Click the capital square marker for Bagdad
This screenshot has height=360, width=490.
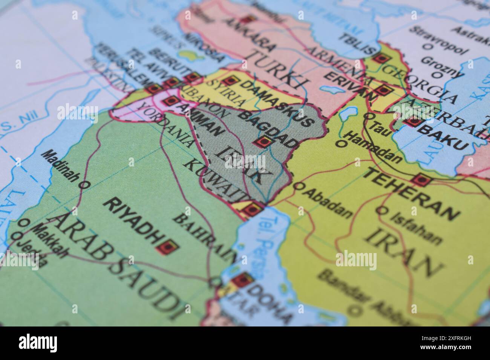(263, 142)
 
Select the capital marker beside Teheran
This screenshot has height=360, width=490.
(421, 180)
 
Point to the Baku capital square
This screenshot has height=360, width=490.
(412, 121)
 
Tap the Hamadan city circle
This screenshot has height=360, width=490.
(342, 143)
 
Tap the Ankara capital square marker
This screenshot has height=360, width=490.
(247, 20)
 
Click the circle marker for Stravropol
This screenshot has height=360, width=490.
(427, 47)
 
